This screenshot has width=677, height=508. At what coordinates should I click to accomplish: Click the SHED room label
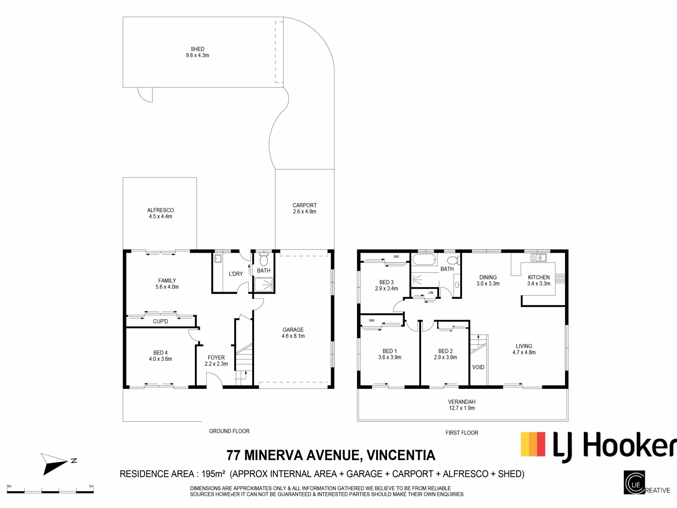(197, 49)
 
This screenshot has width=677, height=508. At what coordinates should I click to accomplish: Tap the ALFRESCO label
(160, 210)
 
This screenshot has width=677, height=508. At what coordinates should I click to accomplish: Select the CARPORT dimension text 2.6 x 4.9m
(305, 212)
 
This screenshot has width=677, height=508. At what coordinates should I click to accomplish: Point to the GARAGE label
(293, 330)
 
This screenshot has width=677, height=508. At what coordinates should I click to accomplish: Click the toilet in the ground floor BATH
(263, 260)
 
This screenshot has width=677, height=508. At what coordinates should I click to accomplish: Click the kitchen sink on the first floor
(538, 258)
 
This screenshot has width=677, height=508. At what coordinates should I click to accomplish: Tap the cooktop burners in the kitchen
(560, 278)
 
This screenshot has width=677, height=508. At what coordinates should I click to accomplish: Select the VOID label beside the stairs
(478, 367)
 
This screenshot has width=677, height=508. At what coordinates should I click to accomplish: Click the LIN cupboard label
(431, 293)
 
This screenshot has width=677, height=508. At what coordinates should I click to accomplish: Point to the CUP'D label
(160, 321)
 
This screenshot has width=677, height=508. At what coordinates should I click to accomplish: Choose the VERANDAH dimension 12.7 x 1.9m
(462, 408)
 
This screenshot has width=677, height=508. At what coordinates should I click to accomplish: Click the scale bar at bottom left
(50, 491)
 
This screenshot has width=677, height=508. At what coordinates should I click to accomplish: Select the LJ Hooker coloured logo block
(533, 444)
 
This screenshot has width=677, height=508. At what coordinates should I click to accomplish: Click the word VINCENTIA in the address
(401, 455)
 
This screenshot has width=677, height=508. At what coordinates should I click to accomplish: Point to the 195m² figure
(213, 474)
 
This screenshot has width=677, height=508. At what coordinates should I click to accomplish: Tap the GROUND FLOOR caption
(229, 431)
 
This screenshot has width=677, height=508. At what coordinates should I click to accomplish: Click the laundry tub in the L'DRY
(218, 259)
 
